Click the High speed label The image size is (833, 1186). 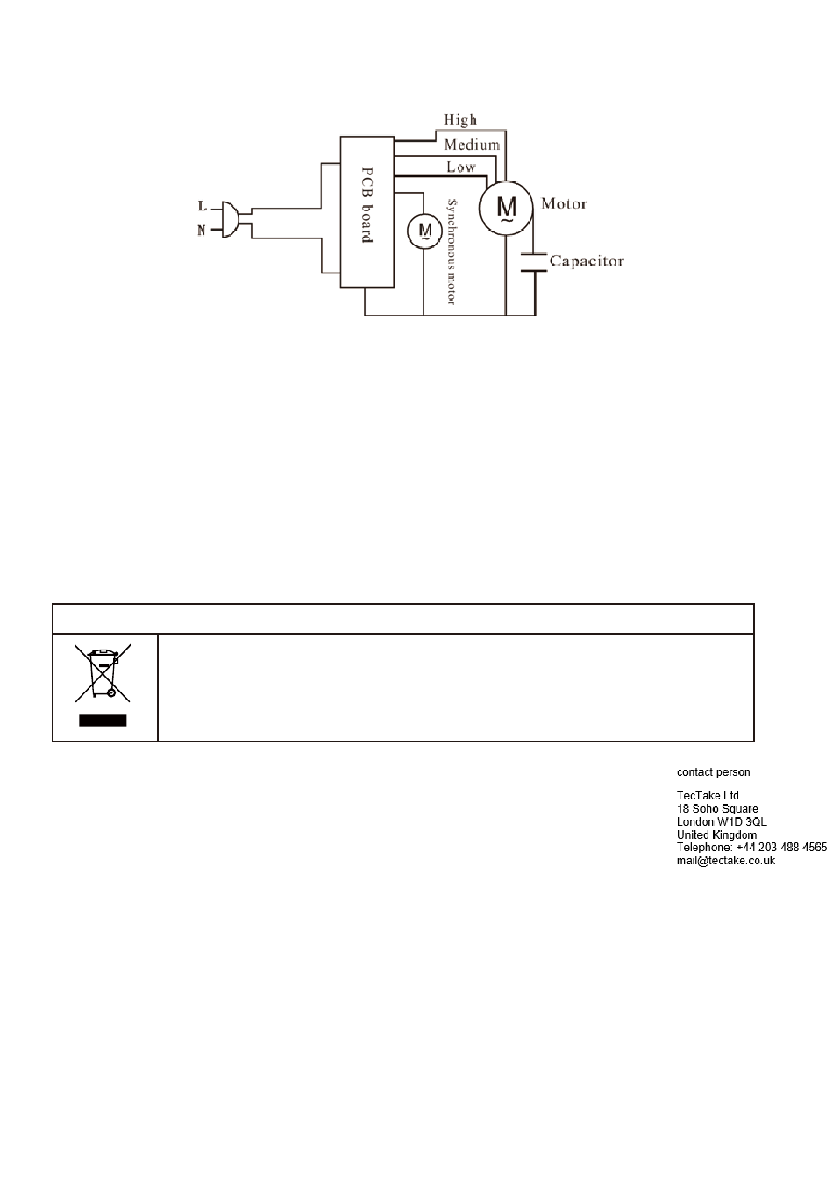point(459,120)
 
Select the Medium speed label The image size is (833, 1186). point(472,145)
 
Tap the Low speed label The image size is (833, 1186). point(460,167)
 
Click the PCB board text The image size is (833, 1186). point(367,205)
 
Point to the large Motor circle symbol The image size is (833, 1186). point(506,208)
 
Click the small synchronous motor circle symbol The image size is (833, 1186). point(424,231)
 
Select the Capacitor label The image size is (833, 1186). point(587,261)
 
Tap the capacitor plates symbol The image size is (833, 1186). point(534,263)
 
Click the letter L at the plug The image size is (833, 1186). point(203,205)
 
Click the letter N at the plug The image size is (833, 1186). point(201,231)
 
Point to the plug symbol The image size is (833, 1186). point(231,219)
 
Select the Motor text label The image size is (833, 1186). point(564,204)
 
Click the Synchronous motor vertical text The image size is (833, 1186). point(452,252)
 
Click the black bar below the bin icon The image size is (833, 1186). point(103,720)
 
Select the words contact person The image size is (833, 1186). point(714,772)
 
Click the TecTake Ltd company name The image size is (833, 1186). point(708,795)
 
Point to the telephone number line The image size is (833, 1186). point(751,847)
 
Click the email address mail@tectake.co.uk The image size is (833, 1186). point(726,861)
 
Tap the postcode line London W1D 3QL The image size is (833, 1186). point(722,821)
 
